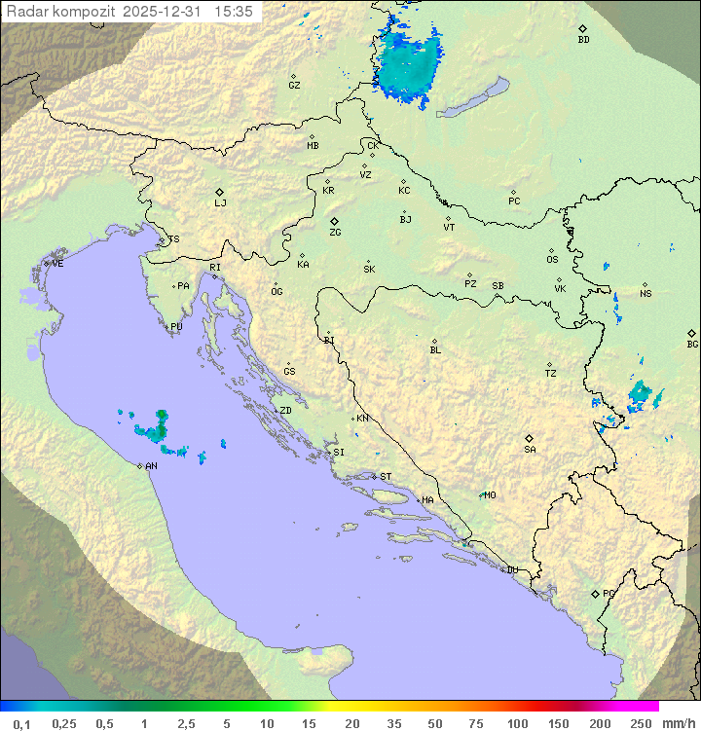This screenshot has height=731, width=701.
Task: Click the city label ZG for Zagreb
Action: coord(335,233)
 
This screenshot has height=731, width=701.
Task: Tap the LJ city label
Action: coord(220,203)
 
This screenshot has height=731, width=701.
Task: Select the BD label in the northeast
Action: coord(583,40)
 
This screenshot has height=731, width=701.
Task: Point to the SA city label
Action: coord(530,449)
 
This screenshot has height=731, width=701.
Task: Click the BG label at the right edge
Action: coord(692,344)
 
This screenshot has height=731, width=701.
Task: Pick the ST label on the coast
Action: coord(386,477)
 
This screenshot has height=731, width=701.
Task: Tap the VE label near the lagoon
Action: coord(57,264)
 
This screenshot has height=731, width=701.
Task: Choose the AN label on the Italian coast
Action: coord(151,466)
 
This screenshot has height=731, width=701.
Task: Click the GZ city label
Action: coord(294,85)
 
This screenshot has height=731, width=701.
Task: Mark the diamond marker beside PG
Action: coord(595,593)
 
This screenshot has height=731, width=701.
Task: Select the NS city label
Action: coord(646,293)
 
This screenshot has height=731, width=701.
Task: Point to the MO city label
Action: coord(490,495)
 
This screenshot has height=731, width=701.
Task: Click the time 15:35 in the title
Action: coord(235,12)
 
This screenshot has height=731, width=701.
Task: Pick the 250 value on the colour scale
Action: coord(640,723)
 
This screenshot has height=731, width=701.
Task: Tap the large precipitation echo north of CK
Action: coord(409,63)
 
